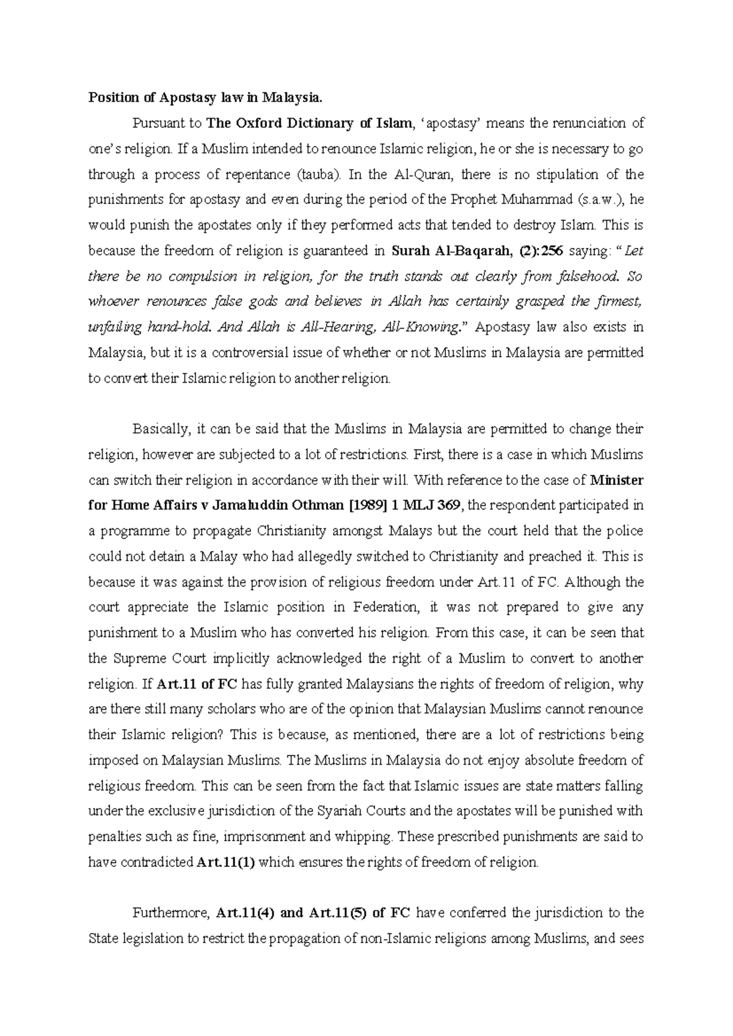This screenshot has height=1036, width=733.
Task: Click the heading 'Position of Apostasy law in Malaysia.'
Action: [205, 98]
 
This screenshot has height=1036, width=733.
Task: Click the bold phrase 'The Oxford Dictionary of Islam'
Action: [309, 123]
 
